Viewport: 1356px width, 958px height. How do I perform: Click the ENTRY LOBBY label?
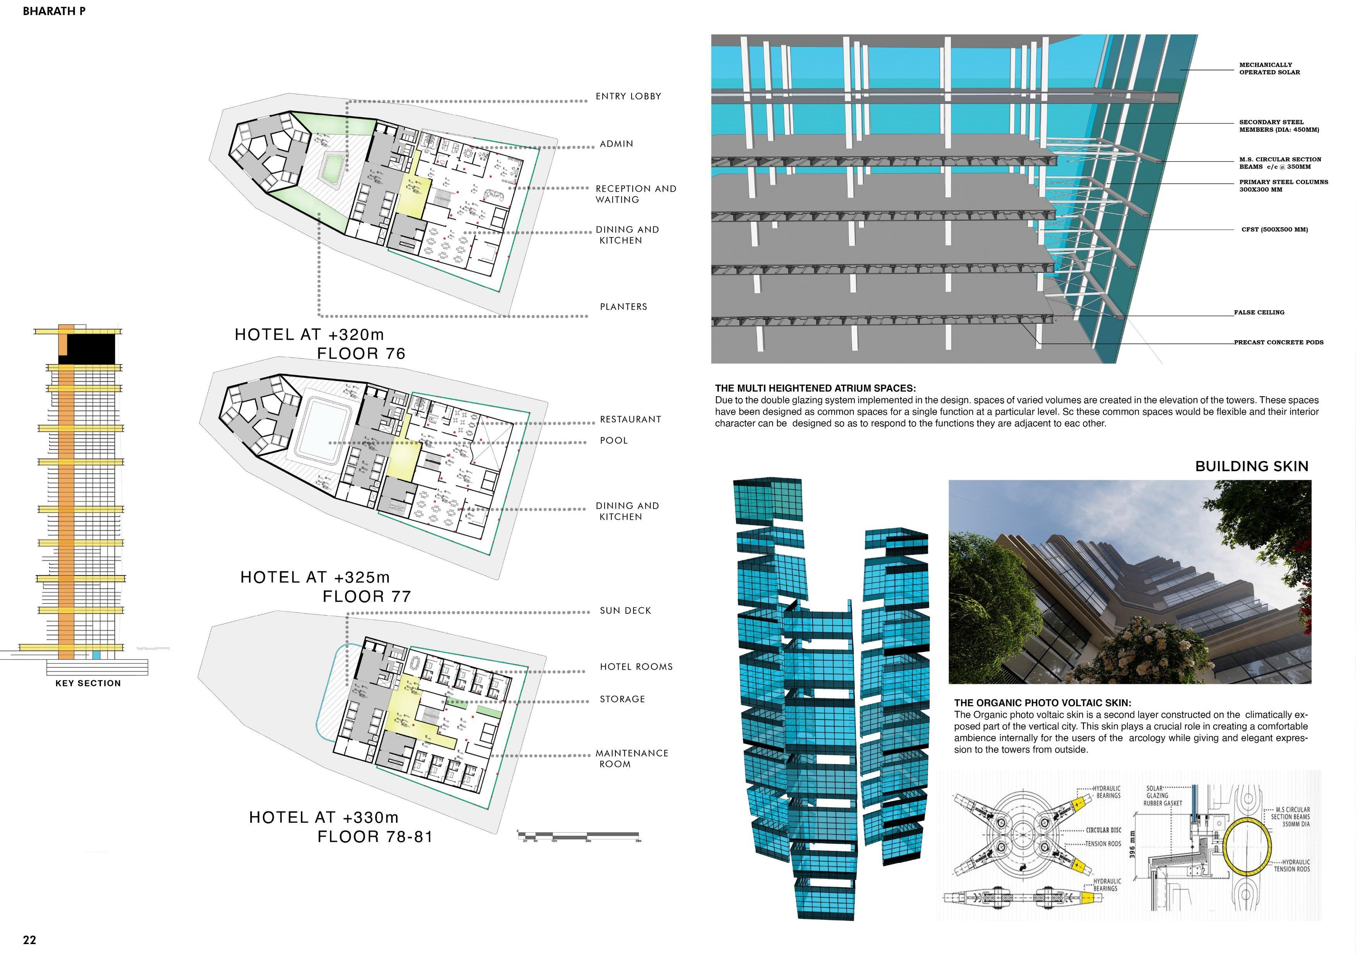pyautogui.click(x=628, y=96)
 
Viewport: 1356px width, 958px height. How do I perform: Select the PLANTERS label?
pyautogui.click(x=623, y=306)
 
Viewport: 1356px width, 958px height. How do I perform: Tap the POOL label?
pyautogui.click(x=614, y=440)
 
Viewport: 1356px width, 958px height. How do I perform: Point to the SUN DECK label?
pyautogui.click(x=625, y=610)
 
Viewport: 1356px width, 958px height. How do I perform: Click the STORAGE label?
pyautogui.click(x=622, y=699)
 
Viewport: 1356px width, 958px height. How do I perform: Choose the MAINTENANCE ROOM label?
pyautogui.click(x=631, y=759)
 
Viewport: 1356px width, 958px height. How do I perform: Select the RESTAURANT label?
pyautogui.click(x=630, y=419)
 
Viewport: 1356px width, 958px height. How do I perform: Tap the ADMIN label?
pyautogui.click(x=616, y=143)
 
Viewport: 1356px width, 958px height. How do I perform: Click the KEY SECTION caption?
pyautogui.click(x=88, y=683)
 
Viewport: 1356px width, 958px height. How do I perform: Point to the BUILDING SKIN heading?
pyautogui.click(x=1252, y=466)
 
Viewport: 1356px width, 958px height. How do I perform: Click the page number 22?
pyautogui.click(x=29, y=940)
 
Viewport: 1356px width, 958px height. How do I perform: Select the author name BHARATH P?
pyautogui.click(x=54, y=11)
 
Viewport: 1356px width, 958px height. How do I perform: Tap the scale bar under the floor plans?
pyautogui.click(x=579, y=836)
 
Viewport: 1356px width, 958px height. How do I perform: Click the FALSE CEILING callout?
pyautogui.click(x=1259, y=312)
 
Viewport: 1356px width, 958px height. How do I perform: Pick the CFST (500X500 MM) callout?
pyautogui.click(x=1274, y=230)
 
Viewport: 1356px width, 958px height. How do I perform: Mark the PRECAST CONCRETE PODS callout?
pyautogui.click(x=1278, y=342)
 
